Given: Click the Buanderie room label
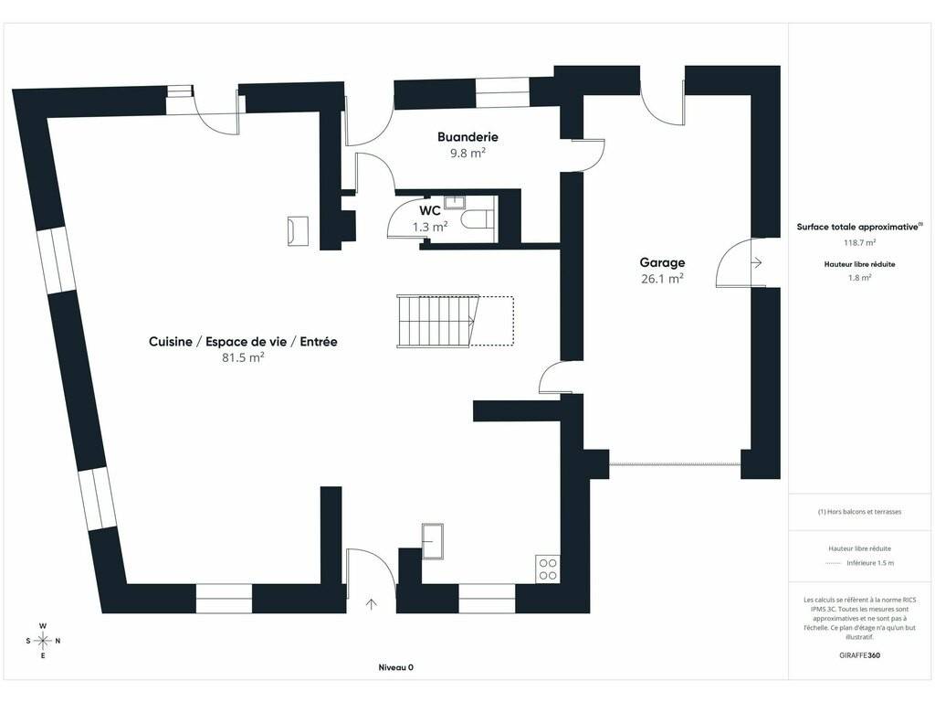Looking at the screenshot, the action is [467, 137].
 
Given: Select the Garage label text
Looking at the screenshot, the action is [662, 262].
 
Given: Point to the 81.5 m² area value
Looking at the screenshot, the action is [243, 357].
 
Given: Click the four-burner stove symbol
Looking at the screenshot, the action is [548, 569].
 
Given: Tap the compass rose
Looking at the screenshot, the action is [43, 641].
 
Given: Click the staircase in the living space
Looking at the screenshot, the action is [438, 321].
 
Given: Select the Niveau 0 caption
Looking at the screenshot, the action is [396, 667].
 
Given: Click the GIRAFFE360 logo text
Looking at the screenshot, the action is [859, 654].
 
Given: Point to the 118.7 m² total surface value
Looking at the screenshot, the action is [859, 242].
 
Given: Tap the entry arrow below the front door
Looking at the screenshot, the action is [371, 604].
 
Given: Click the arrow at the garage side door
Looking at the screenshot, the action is [756, 262].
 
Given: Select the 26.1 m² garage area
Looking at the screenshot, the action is [662, 278].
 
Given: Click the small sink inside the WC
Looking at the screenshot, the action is [455, 201].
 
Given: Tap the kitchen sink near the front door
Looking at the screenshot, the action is [432, 541].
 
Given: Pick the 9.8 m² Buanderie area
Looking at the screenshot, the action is [467, 153].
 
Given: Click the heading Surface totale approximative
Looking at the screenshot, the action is [859, 227].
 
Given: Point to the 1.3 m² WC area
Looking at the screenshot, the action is [430, 227].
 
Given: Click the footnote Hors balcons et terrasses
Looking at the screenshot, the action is [859, 512].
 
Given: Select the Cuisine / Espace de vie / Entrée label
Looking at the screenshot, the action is [243, 342].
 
